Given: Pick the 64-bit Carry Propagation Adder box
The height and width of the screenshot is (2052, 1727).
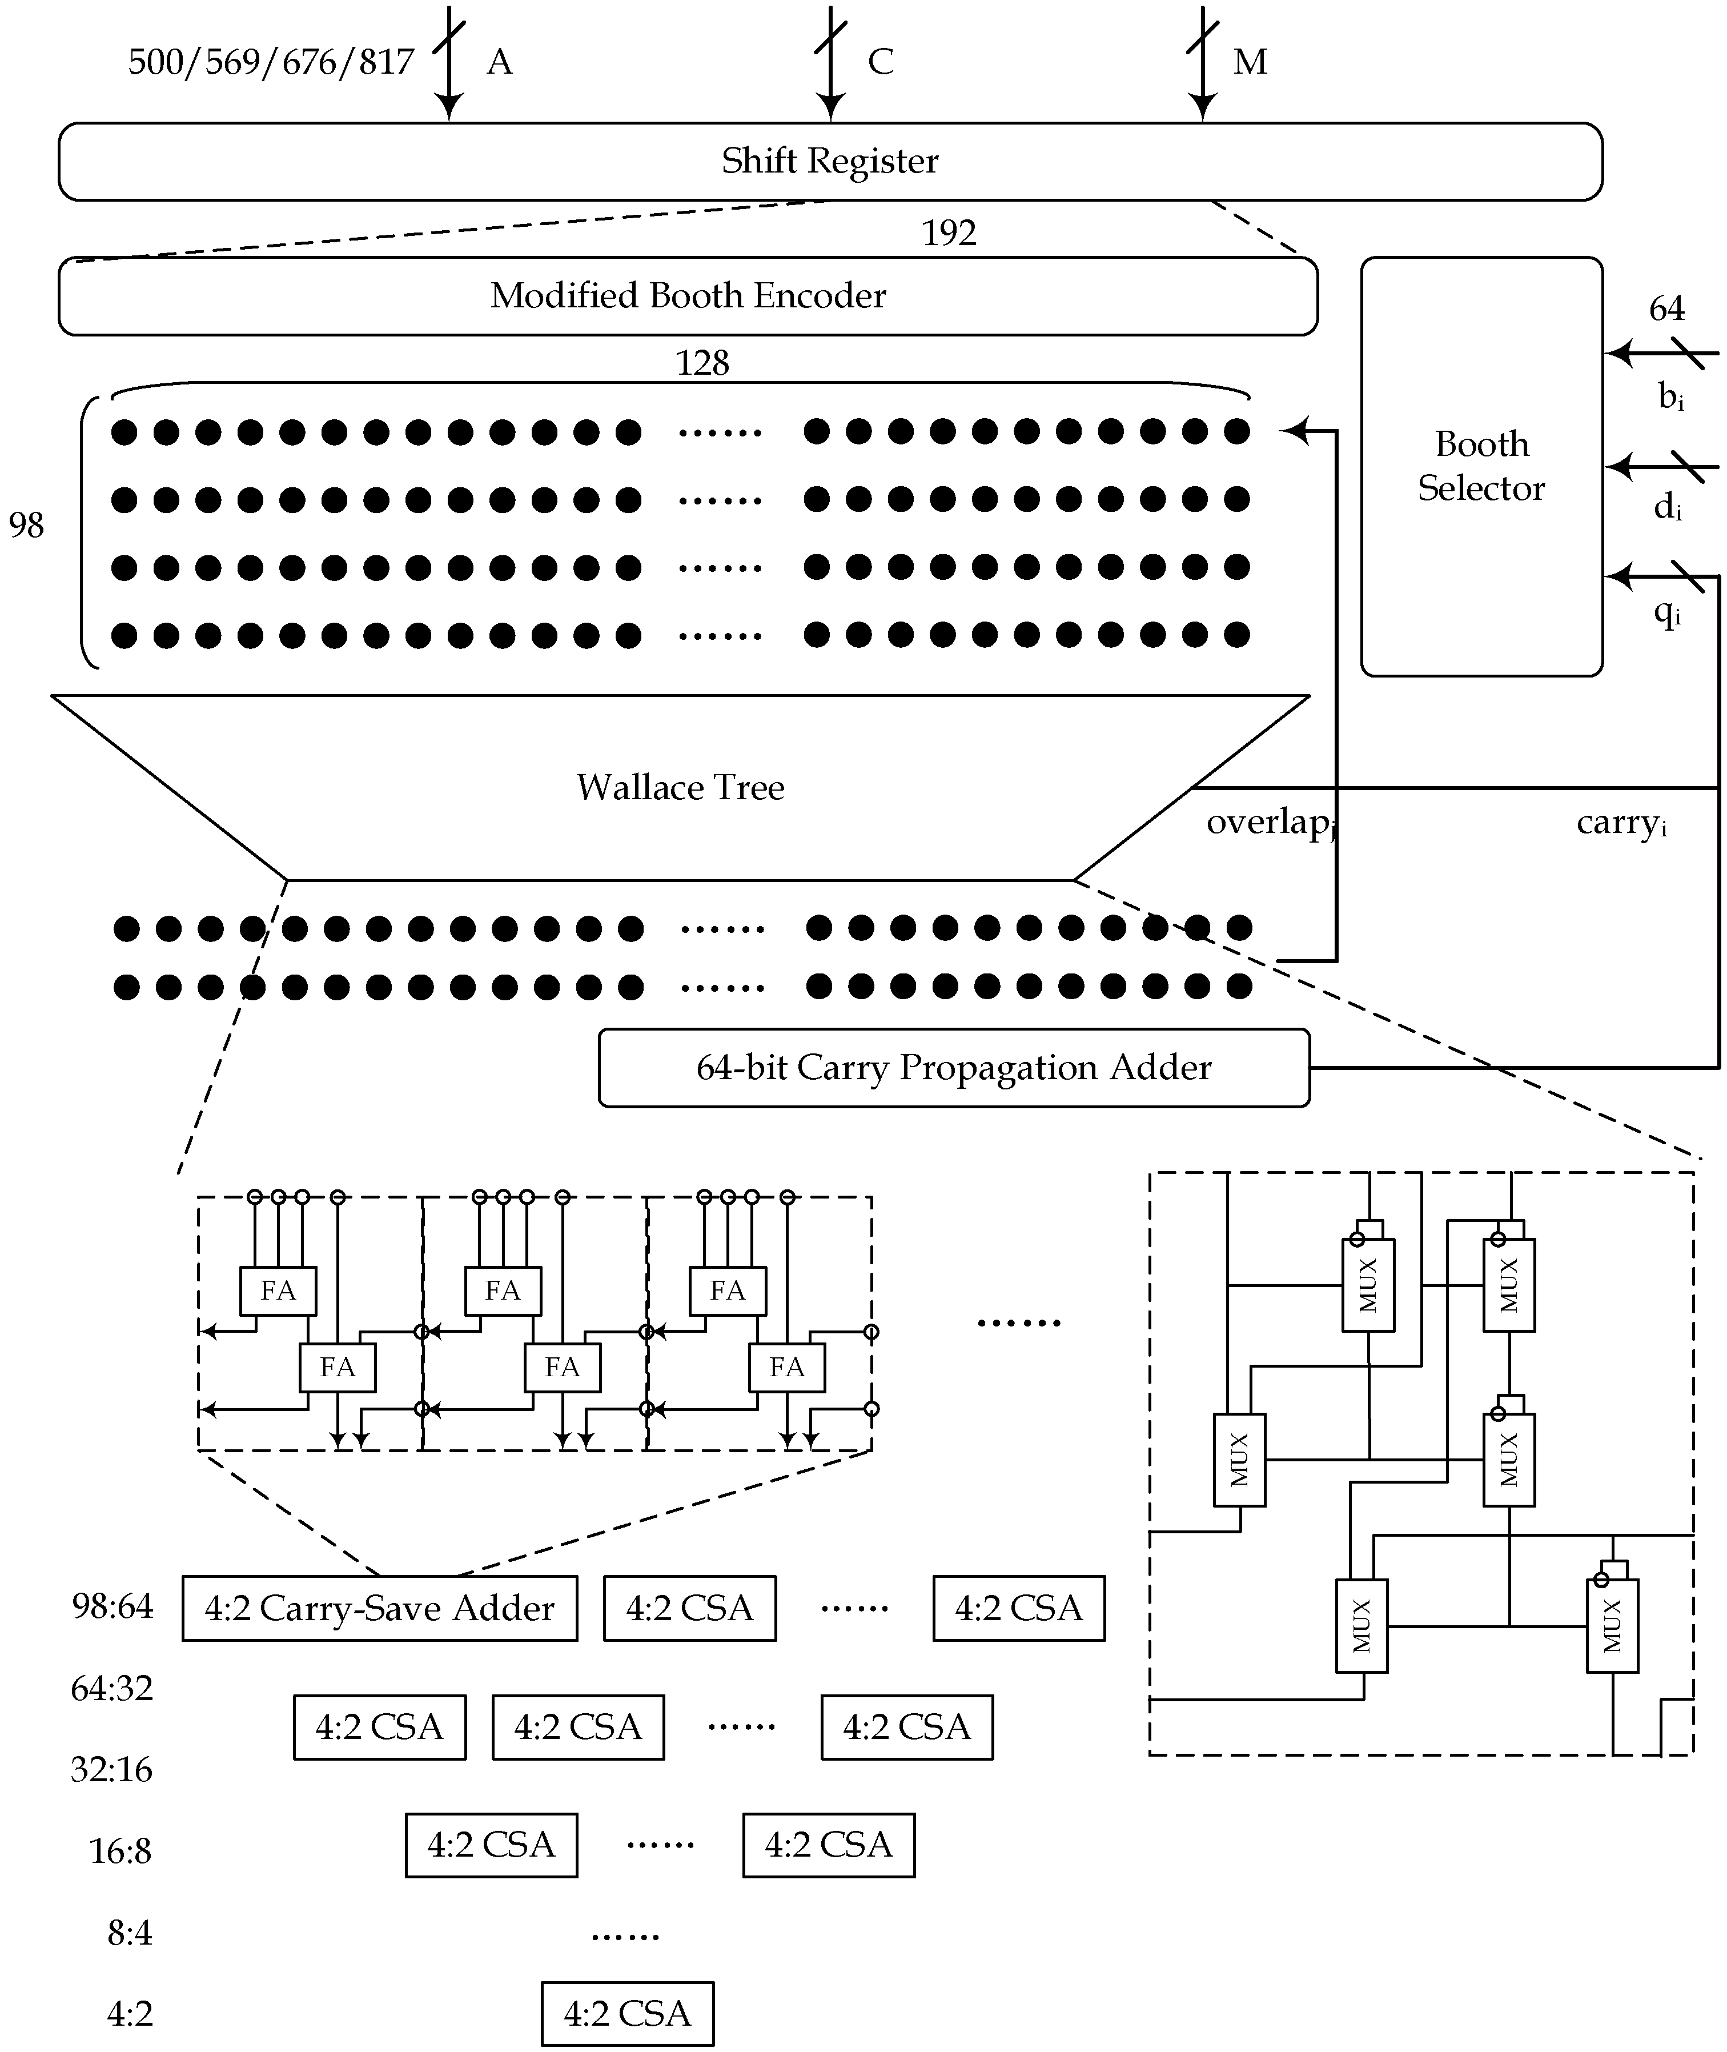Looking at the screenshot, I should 954,1067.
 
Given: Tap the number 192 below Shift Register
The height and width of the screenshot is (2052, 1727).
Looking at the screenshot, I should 949,233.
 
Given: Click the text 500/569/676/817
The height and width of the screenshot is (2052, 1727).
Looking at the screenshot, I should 271,62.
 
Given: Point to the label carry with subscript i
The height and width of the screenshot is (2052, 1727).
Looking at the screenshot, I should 1620,823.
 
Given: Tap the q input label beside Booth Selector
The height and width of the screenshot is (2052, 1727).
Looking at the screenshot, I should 1666,613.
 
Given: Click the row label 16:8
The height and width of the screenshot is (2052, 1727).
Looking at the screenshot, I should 121,1851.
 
